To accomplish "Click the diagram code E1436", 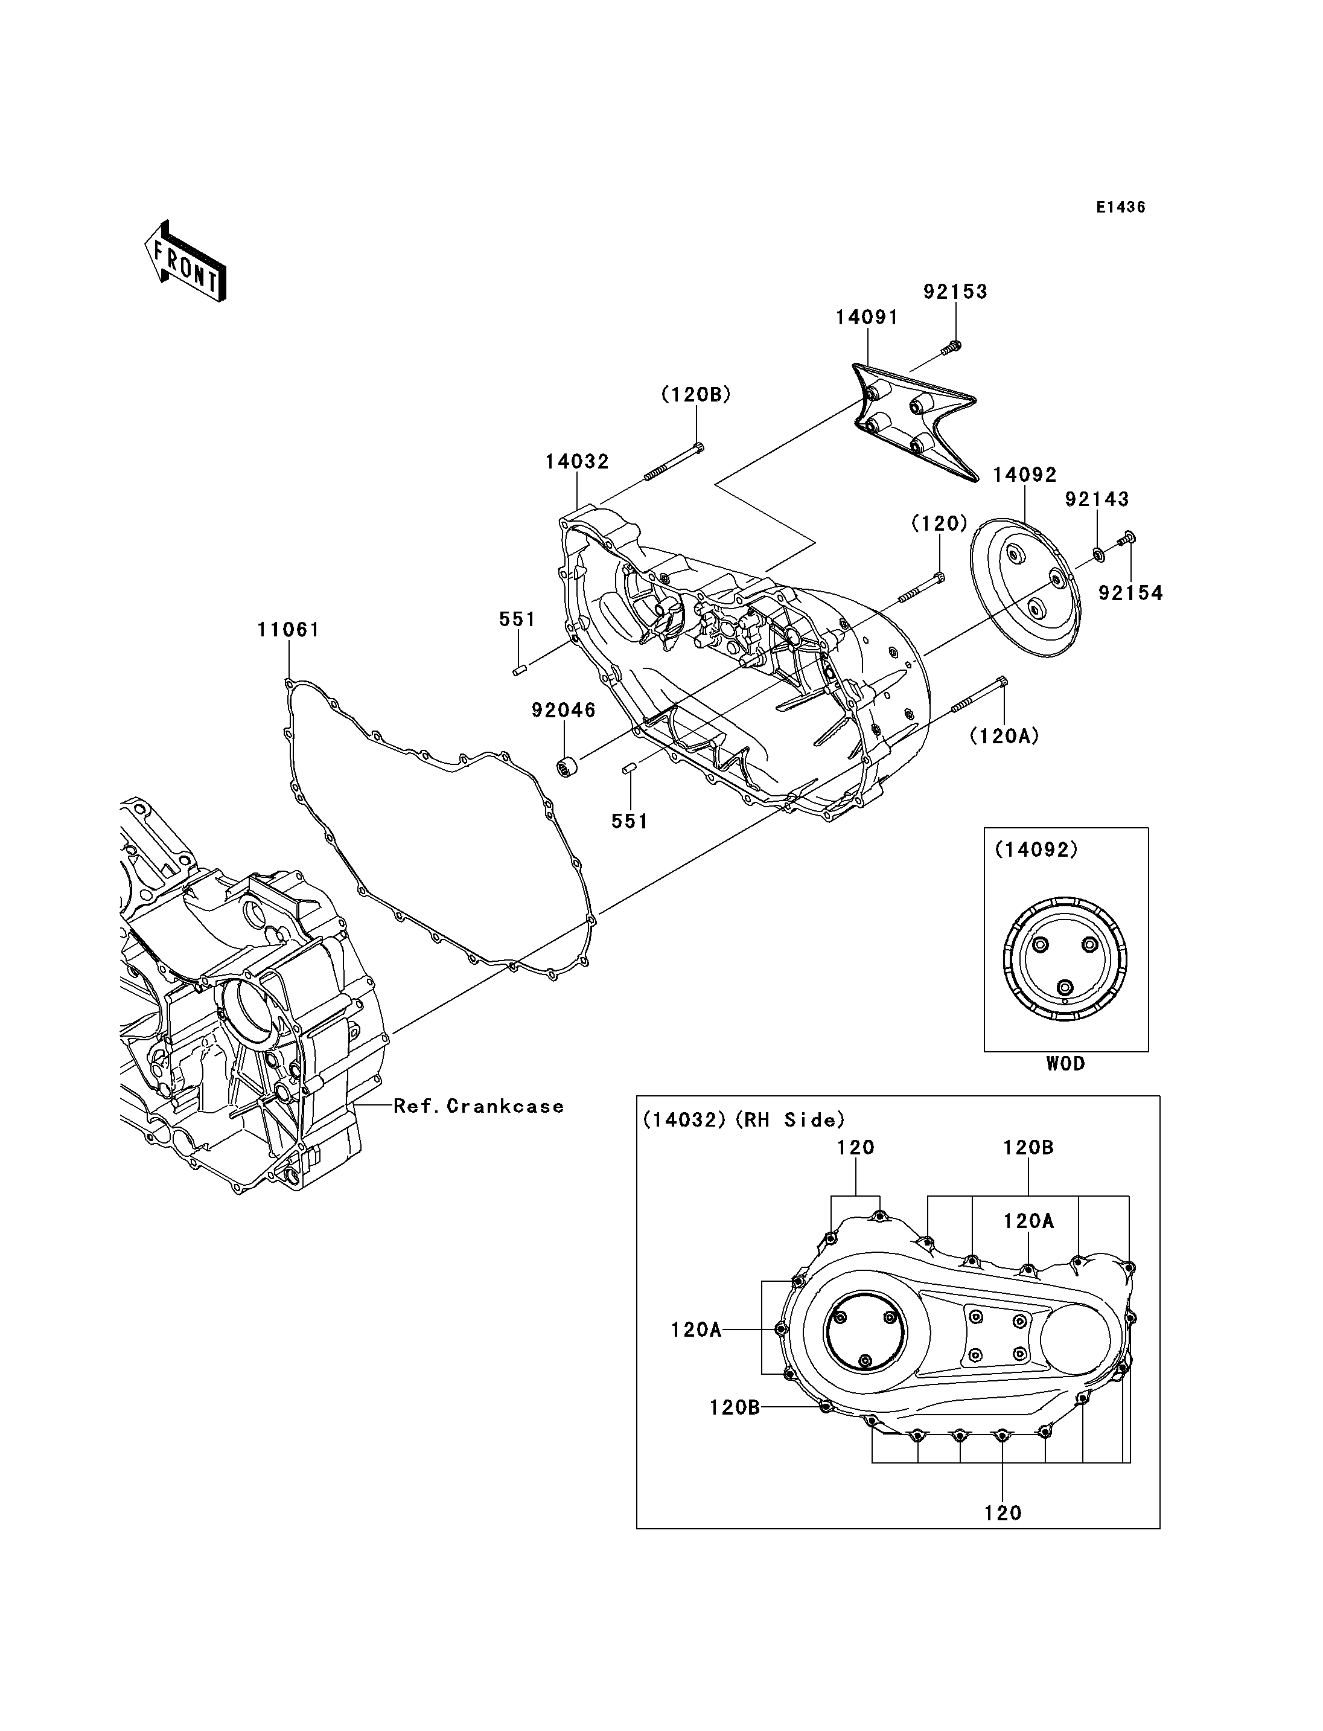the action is [x=1121, y=207].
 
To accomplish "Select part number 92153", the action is [x=955, y=292].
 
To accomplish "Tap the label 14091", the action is [x=867, y=317].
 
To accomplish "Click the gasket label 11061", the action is [x=289, y=630].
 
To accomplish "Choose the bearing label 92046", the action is [x=564, y=710].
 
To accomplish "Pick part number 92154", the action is [x=1131, y=594].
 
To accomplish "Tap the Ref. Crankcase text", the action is [x=479, y=1106].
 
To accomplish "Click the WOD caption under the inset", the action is [x=1065, y=1064].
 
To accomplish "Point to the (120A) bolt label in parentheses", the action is [x=1005, y=736].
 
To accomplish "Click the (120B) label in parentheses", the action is [x=696, y=395].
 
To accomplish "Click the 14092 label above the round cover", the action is [x=1024, y=475].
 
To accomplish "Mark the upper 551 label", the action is [x=517, y=619].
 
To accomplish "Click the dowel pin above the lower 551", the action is [x=630, y=767].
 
